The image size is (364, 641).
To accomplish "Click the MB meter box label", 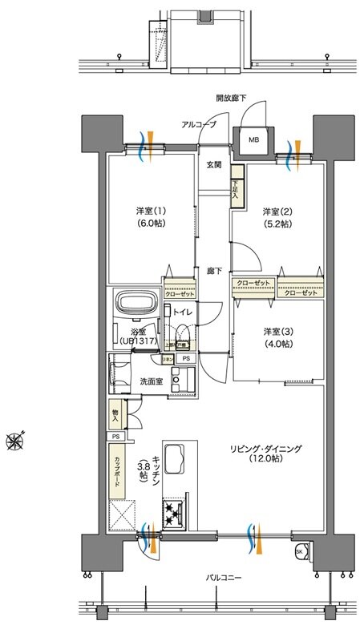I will (253, 139).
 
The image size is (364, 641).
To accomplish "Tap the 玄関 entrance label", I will (213, 165).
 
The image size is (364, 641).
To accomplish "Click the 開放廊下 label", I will (231, 98).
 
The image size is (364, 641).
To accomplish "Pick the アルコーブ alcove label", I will (200, 126).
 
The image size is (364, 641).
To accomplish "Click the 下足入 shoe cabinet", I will (236, 187).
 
